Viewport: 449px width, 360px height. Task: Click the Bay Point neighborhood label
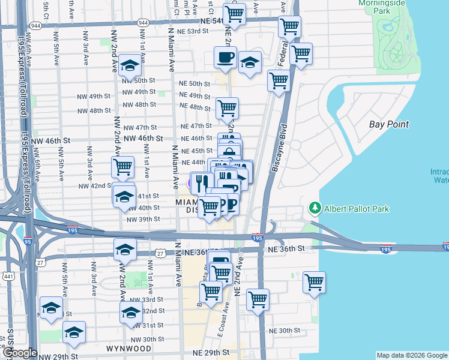click(388, 124)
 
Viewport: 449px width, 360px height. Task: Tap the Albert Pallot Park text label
click(357, 209)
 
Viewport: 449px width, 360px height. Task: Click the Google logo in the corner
click(19, 353)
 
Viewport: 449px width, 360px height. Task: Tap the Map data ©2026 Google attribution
click(411, 355)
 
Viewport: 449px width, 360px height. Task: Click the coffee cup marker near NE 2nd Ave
click(225, 58)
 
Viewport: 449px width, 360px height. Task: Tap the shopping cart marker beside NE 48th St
click(227, 108)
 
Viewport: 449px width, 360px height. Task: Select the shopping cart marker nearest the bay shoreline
click(313, 281)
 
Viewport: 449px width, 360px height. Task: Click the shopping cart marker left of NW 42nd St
click(122, 166)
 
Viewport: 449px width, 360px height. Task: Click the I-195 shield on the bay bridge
click(385, 249)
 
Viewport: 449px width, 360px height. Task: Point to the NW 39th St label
click(143, 219)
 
